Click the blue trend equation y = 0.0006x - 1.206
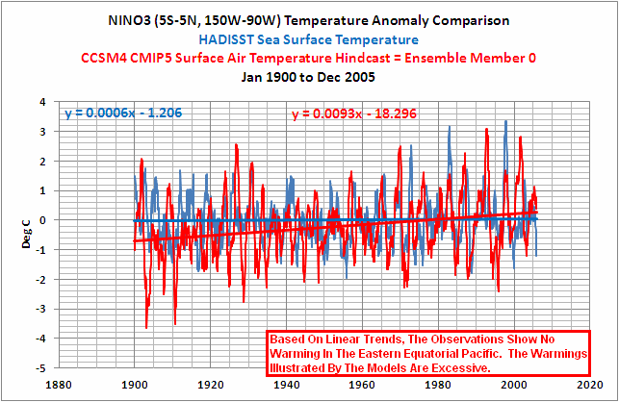click(123, 113)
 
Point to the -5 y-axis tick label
click(41, 369)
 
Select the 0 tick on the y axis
click(44, 220)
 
